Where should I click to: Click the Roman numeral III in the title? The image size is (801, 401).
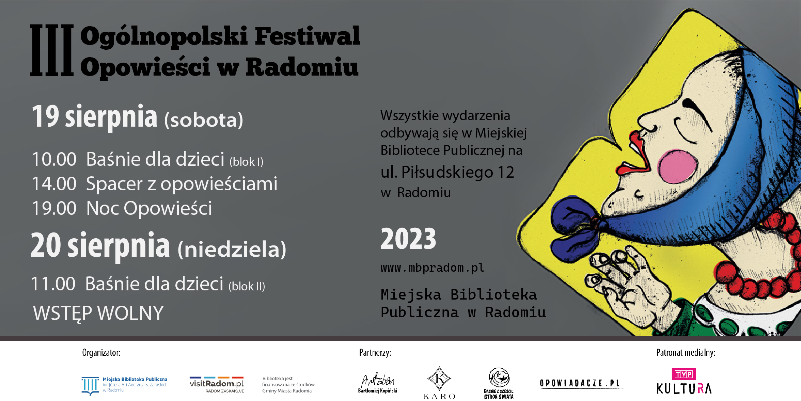pyautogui.click(x=52, y=50)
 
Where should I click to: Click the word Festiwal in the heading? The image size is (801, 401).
pyautogui.click(x=307, y=36)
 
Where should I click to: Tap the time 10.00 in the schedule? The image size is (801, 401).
pyautogui.click(x=54, y=159)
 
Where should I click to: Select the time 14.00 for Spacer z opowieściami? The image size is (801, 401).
pyautogui.click(x=54, y=184)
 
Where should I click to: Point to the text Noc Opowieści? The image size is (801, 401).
pyautogui.click(x=149, y=208)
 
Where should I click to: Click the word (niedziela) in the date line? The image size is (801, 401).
pyautogui.click(x=232, y=249)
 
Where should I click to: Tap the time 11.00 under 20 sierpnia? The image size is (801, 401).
pyautogui.click(x=53, y=284)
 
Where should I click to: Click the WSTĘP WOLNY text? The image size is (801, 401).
pyautogui.click(x=98, y=313)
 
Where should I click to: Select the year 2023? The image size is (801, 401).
pyautogui.click(x=408, y=239)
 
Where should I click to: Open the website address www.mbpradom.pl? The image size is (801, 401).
pyautogui.click(x=433, y=268)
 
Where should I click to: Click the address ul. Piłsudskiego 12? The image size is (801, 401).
pyautogui.click(x=447, y=172)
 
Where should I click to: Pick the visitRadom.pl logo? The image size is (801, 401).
pyautogui.click(x=217, y=385)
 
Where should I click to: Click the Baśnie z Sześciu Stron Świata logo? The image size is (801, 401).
pyautogui.click(x=499, y=383)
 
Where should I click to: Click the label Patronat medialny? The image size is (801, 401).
pyautogui.click(x=686, y=353)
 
